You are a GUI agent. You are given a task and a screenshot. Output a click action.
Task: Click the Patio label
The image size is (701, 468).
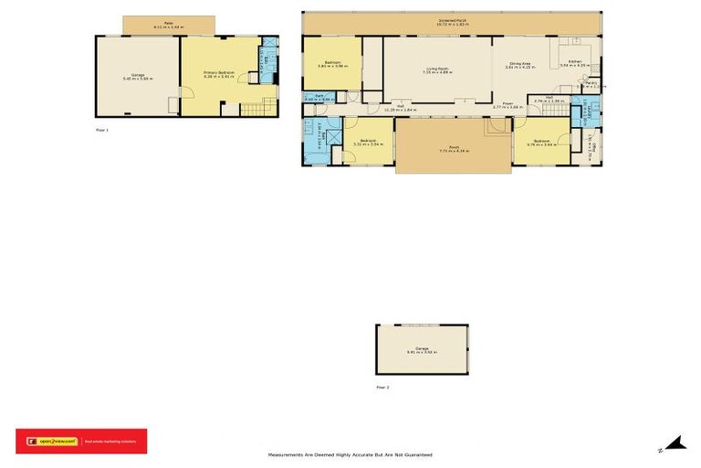click(x=169, y=26)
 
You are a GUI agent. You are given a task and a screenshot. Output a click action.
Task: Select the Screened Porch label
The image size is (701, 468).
click(x=453, y=20)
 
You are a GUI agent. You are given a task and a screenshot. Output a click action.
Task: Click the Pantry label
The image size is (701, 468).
click(x=591, y=84)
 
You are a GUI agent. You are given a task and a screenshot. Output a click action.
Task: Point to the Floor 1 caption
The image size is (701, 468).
click(x=102, y=130)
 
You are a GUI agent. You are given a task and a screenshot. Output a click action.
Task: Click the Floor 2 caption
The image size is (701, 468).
click(x=382, y=388)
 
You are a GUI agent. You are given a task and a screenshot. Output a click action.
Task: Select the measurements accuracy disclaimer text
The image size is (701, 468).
click(x=350, y=454)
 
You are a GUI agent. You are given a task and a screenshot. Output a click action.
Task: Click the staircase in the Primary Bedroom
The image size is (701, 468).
click(x=256, y=110)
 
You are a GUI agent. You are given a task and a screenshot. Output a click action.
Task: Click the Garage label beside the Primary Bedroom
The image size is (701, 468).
click(x=137, y=77)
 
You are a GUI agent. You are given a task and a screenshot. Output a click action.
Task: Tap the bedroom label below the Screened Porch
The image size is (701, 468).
click(x=330, y=64)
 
